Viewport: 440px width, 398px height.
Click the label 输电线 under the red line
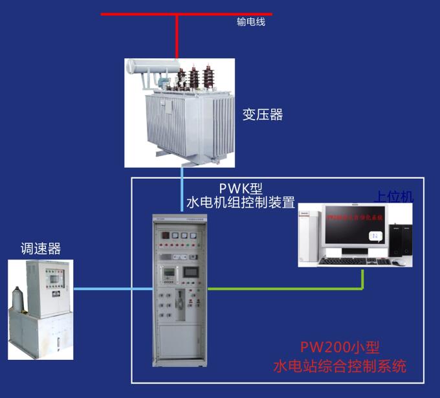pos(251,22)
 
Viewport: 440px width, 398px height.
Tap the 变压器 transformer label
pos(263,115)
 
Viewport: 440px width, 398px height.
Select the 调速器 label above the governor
pos(40,249)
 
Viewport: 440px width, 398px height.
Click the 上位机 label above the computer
pos(393,197)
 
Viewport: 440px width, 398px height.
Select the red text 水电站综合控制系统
pos(340,366)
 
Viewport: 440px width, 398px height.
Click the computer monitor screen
pos(355,230)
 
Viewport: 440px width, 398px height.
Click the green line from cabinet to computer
pos(285,289)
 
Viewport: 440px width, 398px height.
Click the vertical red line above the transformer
pos(177,36)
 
